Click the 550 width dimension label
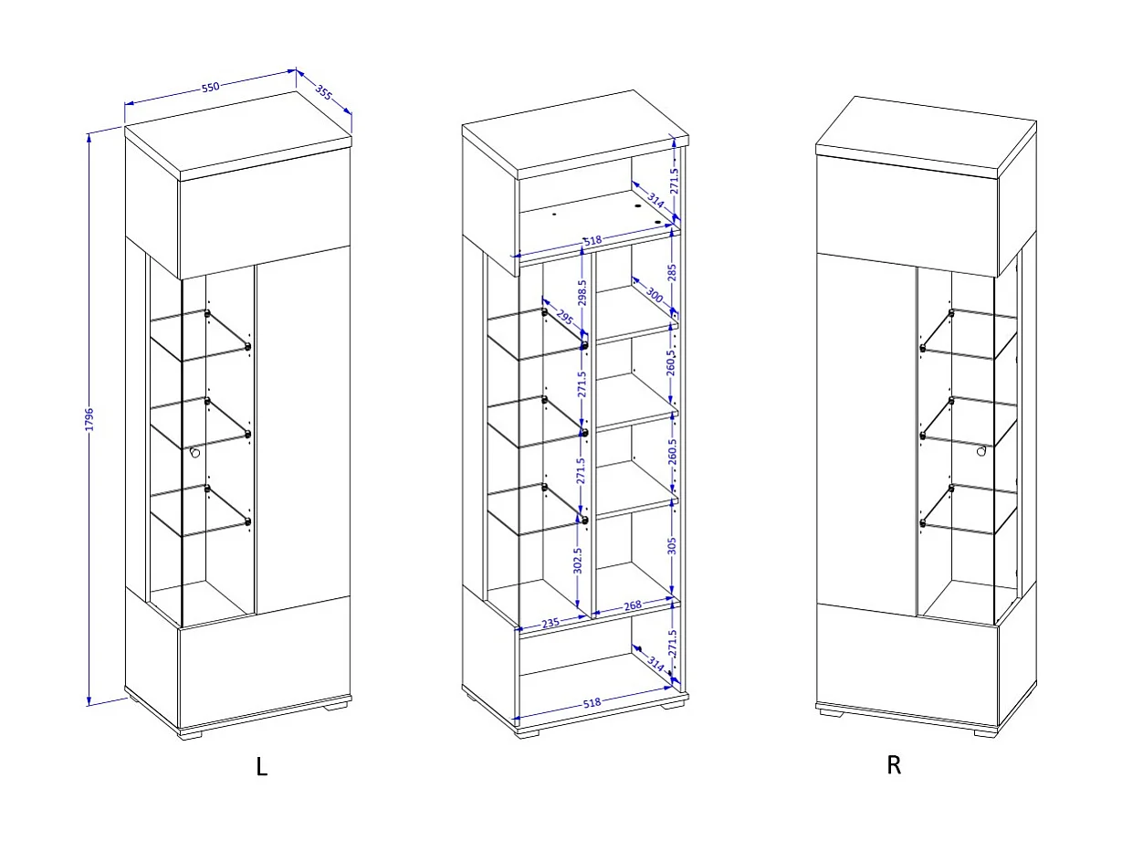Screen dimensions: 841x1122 (x=210, y=88)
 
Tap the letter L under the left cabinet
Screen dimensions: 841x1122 (x=262, y=767)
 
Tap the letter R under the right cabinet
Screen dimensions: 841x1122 (x=894, y=765)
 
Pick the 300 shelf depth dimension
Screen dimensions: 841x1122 (x=655, y=294)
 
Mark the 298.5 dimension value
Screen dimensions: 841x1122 (x=582, y=297)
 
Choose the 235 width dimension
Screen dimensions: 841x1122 (x=551, y=623)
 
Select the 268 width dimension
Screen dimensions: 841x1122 (x=633, y=605)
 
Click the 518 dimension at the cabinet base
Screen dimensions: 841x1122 (x=592, y=703)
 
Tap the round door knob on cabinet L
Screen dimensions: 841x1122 (x=194, y=452)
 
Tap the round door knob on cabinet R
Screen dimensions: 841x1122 (x=981, y=450)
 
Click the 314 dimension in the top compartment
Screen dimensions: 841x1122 (x=655, y=202)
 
